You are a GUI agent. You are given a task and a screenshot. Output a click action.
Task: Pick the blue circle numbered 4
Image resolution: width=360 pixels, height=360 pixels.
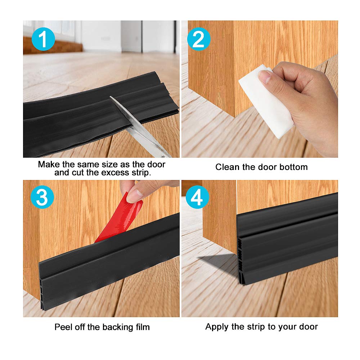198,198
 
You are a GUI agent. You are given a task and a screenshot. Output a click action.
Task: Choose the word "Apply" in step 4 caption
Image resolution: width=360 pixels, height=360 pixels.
216,327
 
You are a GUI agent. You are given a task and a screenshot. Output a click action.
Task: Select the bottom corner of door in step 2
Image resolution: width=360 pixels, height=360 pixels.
234,116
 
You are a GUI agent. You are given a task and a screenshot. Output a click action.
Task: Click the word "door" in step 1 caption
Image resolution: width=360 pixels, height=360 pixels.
156,165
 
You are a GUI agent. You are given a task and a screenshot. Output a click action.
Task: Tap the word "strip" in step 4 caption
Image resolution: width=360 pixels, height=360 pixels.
265,327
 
